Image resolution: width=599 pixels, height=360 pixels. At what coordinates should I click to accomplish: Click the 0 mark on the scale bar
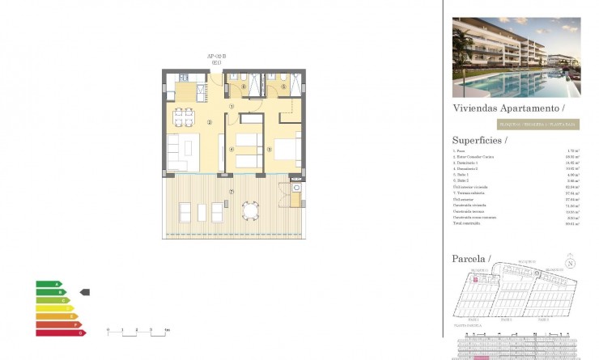tap(108, 330)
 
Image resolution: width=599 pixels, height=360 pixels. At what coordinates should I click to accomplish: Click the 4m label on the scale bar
tap(167, 330)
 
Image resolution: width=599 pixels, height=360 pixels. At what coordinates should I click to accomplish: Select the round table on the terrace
tap(251, 212)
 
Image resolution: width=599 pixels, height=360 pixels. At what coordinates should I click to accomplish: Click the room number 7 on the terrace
tap(232, 191)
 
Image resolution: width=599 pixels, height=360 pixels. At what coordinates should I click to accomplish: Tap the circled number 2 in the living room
tap(209, 123)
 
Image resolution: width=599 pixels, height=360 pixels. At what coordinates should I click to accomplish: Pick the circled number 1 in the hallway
tap(232, 106)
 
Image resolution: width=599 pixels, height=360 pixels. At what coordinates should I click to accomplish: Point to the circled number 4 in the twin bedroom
tap(232, 149)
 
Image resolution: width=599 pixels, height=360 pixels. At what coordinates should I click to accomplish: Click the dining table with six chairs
tap(185, 119)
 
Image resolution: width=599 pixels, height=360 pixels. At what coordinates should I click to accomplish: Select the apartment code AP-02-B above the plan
tap(216, 56)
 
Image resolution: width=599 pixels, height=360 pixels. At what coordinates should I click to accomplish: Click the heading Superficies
tap(479, 139)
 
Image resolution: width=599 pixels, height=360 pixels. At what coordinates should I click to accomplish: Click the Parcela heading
tap(471, 258)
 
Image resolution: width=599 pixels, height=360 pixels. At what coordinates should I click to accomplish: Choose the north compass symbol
tap(571, 263)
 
